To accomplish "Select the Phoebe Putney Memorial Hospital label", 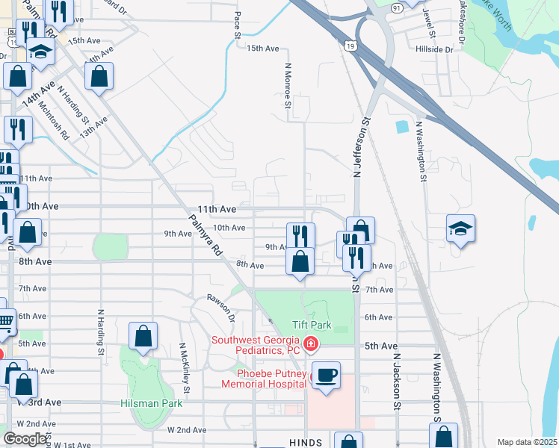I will coord(262,379).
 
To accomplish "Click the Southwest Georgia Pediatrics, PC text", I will coord(255,345).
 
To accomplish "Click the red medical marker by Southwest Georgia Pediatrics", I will coord(312,345).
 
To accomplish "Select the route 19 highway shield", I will coord(350,46).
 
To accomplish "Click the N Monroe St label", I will coord(287,84).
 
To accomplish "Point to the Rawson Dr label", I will coord(221,308).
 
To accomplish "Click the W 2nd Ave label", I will coord(187,430).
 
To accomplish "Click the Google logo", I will coord(25,439).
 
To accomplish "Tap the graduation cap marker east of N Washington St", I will coord(460,229).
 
